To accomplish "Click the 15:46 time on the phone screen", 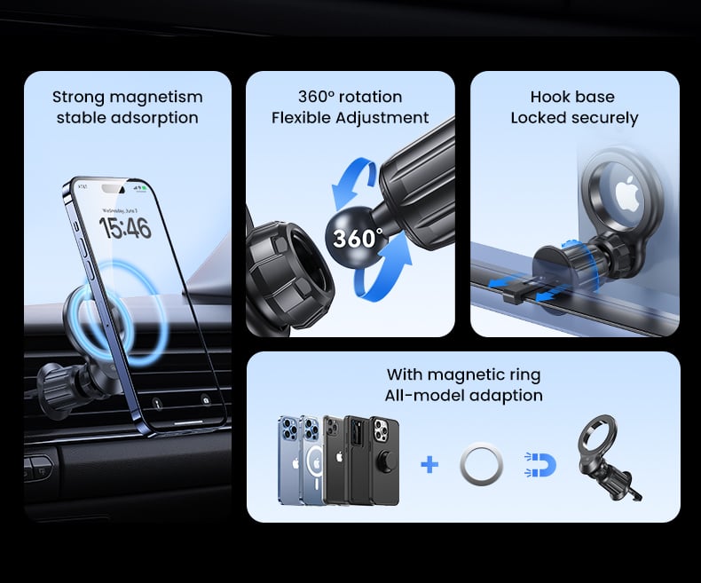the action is point(125,228).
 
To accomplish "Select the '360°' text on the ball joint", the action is point(358,238).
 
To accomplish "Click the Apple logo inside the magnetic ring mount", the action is point(627,193).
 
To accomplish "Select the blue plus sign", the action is point(429,465).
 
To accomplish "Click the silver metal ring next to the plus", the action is point(481,465).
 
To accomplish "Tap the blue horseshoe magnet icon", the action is point(540,465).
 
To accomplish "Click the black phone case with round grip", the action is point(384,461).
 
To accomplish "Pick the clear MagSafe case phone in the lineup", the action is point(312,461).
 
